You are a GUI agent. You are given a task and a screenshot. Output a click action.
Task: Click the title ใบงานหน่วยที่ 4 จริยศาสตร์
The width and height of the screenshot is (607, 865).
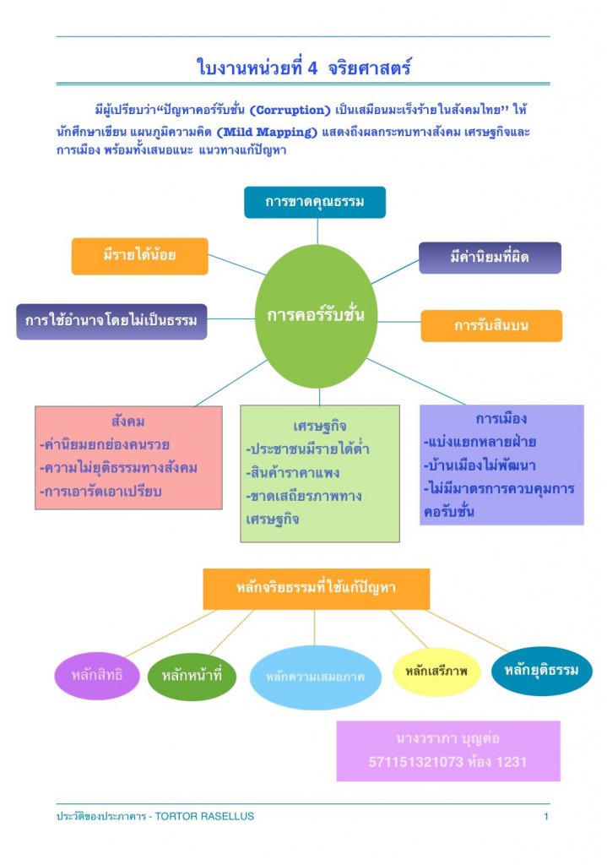pos(303,67)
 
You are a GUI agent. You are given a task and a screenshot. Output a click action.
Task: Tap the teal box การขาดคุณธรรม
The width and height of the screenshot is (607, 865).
pos(315,202)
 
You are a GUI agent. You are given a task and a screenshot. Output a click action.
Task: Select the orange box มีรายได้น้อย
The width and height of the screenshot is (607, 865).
pos(139,256)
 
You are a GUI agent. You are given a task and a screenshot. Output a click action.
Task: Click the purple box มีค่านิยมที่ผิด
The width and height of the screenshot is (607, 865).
pos(490,258)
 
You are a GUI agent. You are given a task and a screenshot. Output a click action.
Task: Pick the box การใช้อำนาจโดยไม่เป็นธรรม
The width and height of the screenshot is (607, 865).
pos(111,321)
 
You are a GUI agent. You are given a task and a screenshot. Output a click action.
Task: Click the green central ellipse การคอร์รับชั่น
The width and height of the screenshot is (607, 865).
pos(316,315)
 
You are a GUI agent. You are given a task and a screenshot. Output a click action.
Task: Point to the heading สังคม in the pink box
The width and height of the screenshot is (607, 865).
pos(128,421)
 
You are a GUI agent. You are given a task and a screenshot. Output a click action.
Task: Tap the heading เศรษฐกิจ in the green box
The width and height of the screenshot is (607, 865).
pos(320,425)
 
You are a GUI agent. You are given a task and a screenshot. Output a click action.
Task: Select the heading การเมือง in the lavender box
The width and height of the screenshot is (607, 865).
pos(501,419)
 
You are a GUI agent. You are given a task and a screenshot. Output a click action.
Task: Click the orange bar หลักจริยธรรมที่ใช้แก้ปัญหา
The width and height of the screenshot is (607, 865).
pos(316,588)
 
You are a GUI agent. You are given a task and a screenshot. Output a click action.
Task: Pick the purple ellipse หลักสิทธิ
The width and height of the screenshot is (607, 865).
pos(97,676)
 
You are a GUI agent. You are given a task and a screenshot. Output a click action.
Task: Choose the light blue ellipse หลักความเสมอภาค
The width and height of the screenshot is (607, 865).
pos(315,677)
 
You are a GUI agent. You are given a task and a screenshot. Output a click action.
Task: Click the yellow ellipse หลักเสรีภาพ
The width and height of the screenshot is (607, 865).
pos(436,672)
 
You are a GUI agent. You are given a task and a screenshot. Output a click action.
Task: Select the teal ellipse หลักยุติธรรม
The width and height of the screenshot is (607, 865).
pos(541,671)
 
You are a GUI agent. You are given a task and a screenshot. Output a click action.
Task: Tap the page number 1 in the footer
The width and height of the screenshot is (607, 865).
pos(546,817)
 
